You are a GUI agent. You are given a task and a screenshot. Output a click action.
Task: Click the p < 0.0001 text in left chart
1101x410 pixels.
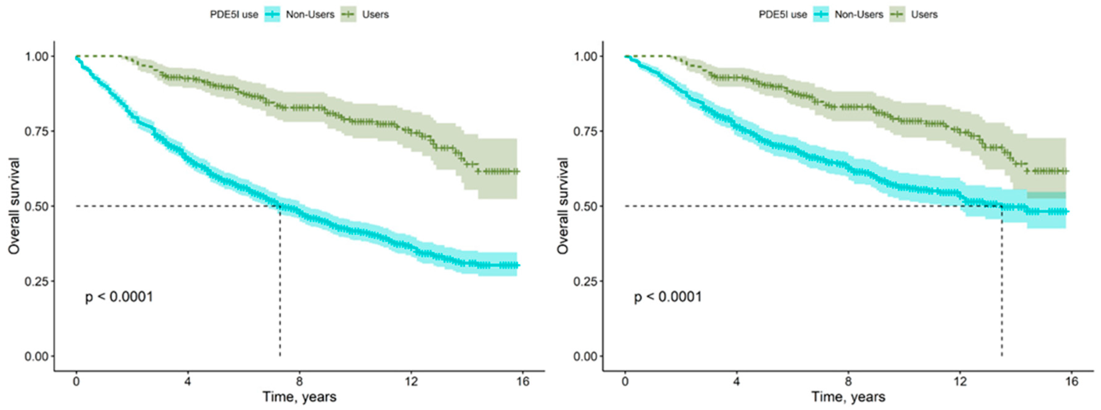point(119,296)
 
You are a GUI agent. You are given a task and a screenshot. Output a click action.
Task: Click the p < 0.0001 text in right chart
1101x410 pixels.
point(668,296)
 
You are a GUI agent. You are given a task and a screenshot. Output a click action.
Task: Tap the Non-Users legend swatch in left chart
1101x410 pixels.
point(272,14)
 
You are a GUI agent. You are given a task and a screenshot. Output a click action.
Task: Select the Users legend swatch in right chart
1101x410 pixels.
point(898,14)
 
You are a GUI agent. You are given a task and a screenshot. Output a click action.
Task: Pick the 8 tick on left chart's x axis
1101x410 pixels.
point(299,381)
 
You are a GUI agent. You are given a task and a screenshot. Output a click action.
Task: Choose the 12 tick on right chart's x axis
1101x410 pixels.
point(960,381)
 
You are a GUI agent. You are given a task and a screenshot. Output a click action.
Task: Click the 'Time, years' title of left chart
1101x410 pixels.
point(299,397)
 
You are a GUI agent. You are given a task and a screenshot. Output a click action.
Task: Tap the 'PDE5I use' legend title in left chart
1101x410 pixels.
point(234,14)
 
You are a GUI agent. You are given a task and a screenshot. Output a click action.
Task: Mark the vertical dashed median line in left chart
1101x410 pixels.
point(280,282)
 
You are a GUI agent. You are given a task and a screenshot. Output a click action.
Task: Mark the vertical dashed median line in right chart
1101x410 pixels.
point(1001,282)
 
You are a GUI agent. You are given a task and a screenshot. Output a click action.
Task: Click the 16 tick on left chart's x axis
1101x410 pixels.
point(523,381)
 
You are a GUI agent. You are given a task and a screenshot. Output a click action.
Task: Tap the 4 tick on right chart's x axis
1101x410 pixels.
point(736,381)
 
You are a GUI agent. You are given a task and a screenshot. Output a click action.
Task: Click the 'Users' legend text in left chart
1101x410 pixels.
point(375,14)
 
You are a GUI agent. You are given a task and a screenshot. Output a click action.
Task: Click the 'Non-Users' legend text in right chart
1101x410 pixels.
point(859,14)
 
